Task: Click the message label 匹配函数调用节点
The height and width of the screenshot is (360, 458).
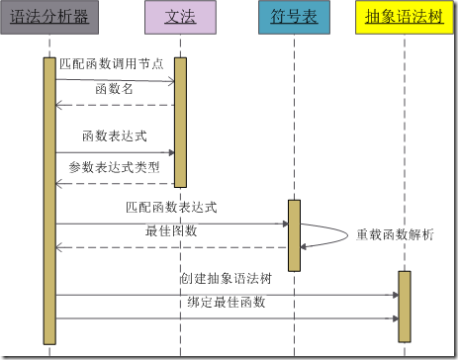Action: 111,63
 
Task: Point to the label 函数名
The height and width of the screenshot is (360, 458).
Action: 113,89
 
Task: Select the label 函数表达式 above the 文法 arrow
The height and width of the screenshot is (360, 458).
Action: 114,135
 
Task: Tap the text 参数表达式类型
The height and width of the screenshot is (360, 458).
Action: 114,167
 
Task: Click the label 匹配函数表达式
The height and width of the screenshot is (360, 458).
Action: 171,208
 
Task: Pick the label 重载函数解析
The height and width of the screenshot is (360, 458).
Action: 395,234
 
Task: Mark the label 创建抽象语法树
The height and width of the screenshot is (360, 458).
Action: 225,279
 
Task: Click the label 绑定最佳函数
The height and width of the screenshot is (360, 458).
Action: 227,303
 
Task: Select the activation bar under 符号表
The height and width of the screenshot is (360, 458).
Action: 294,234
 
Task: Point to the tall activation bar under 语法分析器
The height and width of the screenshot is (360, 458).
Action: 49,198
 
